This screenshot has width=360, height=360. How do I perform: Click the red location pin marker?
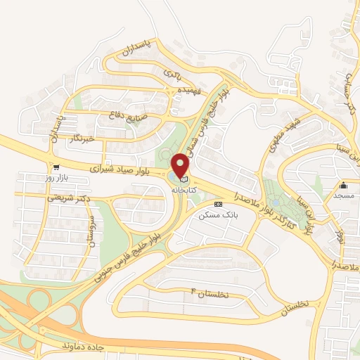coord(181,165)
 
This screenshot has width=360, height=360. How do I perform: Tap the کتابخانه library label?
coord(181,190)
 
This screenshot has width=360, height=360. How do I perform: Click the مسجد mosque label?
coord(344,196)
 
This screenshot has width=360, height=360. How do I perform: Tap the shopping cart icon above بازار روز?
coord(55,169)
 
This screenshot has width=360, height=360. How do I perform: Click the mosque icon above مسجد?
coord(344,185)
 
